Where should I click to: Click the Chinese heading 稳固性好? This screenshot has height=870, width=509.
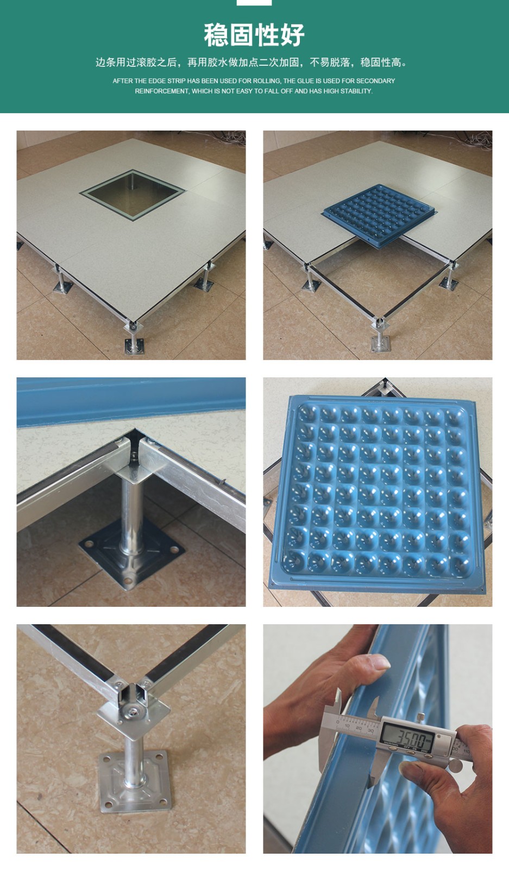click(254, 35)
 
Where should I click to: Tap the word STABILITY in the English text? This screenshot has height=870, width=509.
click(356, 91)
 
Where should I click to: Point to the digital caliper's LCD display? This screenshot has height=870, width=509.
click(406, 736)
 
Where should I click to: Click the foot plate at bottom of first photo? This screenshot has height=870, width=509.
click(134, 346)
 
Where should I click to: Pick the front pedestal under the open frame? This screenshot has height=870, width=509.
click(379, 335)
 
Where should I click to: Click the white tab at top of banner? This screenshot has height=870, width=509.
click(254, 3)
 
